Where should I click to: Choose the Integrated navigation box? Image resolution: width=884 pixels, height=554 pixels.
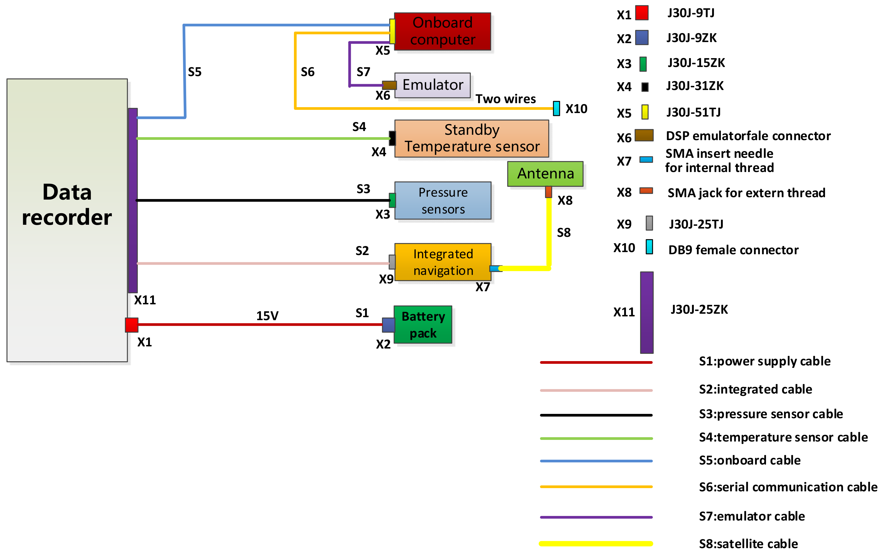443,262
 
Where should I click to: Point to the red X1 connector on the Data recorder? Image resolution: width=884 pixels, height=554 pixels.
132,325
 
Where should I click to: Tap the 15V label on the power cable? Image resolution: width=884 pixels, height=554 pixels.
267,316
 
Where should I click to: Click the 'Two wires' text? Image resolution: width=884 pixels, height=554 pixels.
506,99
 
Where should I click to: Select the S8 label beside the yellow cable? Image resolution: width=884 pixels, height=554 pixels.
563,232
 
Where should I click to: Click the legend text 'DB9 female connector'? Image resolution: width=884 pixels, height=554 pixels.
733,250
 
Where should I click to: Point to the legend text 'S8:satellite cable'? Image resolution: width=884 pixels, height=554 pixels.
748,543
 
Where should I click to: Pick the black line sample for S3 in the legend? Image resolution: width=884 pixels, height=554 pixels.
596,415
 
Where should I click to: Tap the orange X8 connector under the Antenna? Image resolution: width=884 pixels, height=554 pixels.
548,192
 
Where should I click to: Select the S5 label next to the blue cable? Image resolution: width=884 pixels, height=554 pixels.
194,72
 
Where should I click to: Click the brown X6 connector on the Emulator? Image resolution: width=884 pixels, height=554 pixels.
389,85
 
